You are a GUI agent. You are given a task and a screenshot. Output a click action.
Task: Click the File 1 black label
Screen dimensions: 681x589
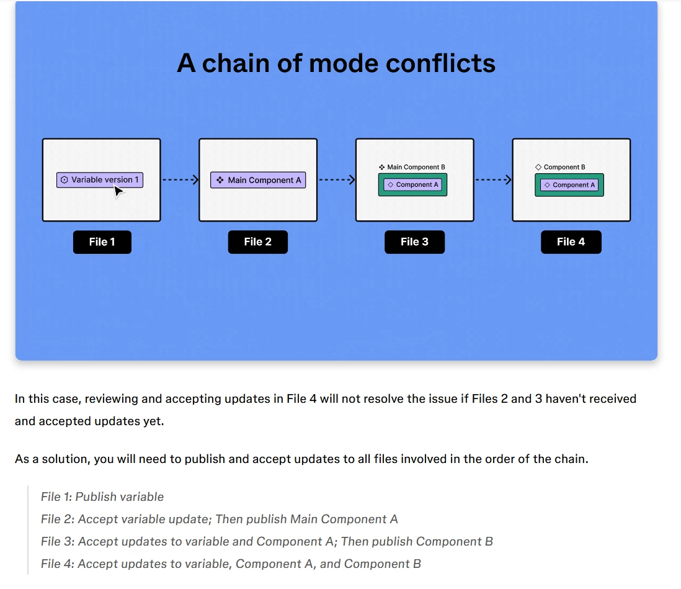click(x=102, y=242)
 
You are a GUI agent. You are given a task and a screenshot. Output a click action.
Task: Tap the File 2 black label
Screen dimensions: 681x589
click(x=258, y=242)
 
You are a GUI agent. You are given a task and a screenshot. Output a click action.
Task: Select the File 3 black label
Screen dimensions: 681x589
click(x=415, y=242)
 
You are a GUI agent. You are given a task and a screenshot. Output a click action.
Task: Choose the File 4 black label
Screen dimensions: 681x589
click(x=571, y=242)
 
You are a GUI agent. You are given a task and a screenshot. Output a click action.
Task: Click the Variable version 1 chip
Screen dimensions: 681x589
click(x=100, y=180)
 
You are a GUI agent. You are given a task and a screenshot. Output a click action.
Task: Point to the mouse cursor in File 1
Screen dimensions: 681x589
click(x=118, y=191)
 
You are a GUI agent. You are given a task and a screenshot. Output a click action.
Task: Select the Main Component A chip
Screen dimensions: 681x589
click(x=258, y=180)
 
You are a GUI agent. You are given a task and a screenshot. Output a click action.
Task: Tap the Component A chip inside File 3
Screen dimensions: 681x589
click(x=412, y=185)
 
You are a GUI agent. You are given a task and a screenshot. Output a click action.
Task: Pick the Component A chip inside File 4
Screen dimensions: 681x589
click(x=569, y=185)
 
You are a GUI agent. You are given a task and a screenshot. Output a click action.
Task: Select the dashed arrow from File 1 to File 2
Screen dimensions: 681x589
click(x=180, y=179)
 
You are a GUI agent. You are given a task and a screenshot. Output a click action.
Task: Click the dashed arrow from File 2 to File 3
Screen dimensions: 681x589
click(x=337, y=179)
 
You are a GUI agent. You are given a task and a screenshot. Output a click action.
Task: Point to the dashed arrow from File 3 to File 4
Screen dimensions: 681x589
click(x=493, y=179)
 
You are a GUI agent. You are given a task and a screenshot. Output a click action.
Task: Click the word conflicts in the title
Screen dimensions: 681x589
click(x=440, y=63)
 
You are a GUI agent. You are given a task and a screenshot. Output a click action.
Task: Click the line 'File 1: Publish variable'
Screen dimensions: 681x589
click(x=102, y=497)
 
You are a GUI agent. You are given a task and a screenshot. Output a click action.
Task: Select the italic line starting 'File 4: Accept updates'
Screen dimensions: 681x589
click(x=231, y=564)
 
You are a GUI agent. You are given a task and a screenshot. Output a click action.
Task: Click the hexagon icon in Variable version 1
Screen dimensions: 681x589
click(x=65, y=180)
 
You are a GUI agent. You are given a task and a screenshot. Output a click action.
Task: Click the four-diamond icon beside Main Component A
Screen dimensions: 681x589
click(x=220, y=180)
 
